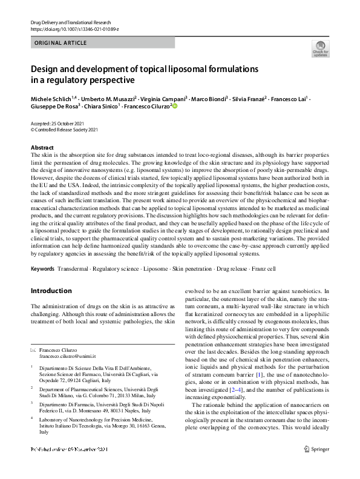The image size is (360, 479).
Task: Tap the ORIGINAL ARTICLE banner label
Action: click(61, 43)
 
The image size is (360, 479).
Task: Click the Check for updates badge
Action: click(319, 48)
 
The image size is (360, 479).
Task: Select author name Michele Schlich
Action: click(51, 98)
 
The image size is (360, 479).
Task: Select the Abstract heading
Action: click(42, 147)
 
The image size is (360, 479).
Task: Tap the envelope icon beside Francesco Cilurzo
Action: click(33, 350)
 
